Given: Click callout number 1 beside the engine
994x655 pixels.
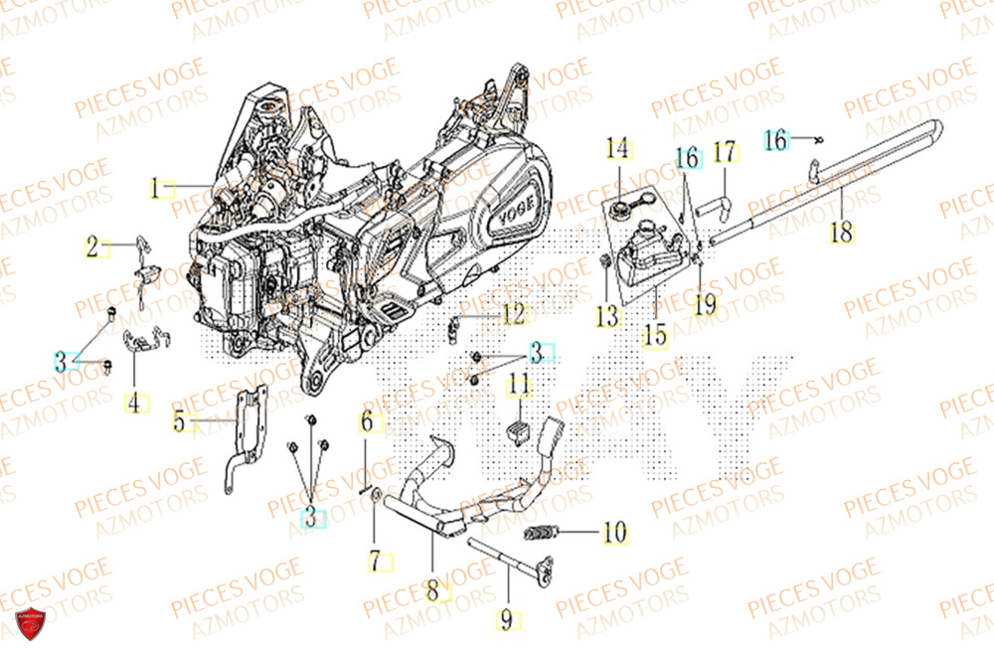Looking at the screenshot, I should point(155,187).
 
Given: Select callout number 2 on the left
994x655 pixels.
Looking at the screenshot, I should point(91,247).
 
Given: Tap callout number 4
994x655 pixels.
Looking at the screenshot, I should point(133,404).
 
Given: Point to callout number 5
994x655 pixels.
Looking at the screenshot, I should point(179,422).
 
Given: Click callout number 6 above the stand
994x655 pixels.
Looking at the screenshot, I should point(366,422).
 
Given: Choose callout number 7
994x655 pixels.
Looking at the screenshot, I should point(376,562).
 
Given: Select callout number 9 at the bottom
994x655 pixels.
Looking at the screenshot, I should point(506,621).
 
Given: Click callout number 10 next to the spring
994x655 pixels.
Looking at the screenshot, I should point(614,533).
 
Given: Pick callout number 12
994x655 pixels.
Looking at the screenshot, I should point(513,315).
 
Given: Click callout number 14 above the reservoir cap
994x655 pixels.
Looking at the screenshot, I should point(618,150).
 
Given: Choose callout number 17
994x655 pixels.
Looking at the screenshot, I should point(725,153).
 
